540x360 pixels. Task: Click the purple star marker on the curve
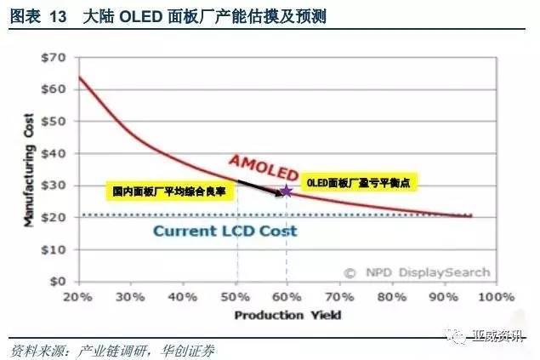[287, 191]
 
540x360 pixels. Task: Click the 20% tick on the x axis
[77, 297]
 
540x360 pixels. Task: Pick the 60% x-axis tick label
[287, 297]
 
